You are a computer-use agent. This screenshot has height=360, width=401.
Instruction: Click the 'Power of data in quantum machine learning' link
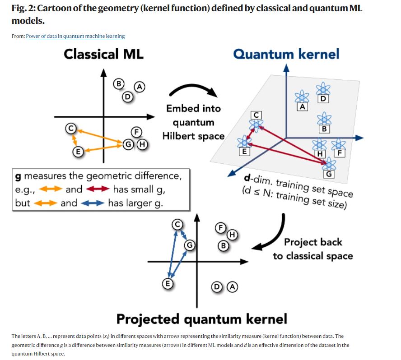[x=75, y=36]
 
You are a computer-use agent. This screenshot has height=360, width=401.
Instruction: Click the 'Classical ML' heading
[x=103, y=55]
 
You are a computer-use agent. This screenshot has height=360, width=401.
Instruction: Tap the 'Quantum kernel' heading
[x=286, y=55]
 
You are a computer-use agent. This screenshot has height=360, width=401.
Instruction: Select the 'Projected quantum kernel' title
[x=201, y=319]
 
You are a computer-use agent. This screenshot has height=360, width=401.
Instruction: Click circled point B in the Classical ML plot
[x=119, y=83]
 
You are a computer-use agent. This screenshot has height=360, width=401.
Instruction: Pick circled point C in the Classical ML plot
[x=70, y=129]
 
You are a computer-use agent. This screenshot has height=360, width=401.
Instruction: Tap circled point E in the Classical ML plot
[x=78, y=152]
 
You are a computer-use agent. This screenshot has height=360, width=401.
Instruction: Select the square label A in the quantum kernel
[x=303, y=107]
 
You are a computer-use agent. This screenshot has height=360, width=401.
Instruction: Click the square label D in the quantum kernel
[x=324, y=99]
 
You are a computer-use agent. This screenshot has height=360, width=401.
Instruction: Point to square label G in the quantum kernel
[x=329, y=174]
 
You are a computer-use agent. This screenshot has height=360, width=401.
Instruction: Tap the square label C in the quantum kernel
[x=256, y=115]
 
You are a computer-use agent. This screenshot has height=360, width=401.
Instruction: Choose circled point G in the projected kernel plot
[x=190, y=245]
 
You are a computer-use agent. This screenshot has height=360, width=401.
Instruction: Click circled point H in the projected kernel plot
[x=232, y=235]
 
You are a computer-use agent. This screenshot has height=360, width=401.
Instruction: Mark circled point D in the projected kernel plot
[x=217, y=286]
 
